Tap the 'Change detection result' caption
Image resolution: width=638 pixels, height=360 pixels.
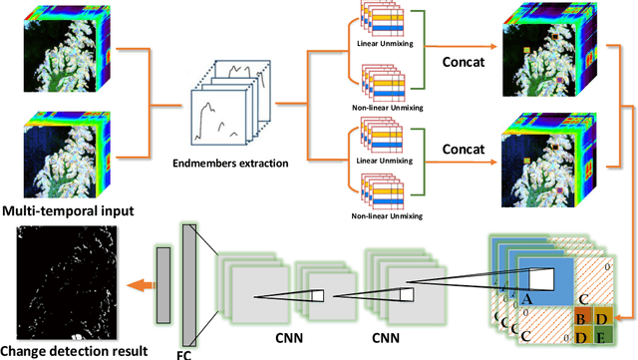pyautogui.click(x=74, y=350)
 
